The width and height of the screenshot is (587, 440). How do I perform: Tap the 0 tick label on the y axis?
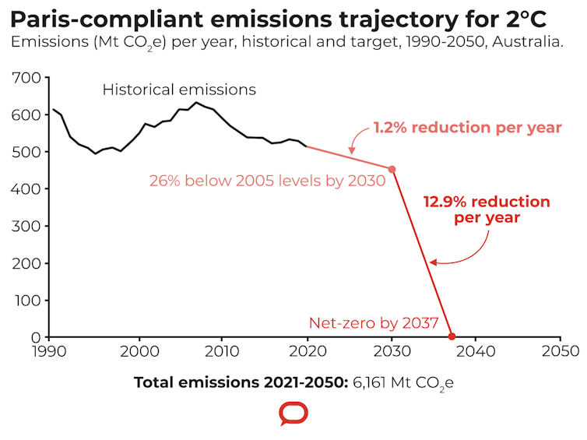38,337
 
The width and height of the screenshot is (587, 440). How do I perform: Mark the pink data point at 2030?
392,169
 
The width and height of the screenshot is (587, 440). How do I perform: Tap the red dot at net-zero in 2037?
452,336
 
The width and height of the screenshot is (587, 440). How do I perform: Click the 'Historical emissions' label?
179,90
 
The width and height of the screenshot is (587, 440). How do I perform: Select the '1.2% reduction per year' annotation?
467,128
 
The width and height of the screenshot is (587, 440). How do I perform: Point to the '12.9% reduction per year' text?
487,209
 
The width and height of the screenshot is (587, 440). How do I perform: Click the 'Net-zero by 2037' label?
374,322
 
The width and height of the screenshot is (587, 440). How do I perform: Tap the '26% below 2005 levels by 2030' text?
267,181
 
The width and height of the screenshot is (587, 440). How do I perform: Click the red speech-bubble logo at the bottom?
293,414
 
